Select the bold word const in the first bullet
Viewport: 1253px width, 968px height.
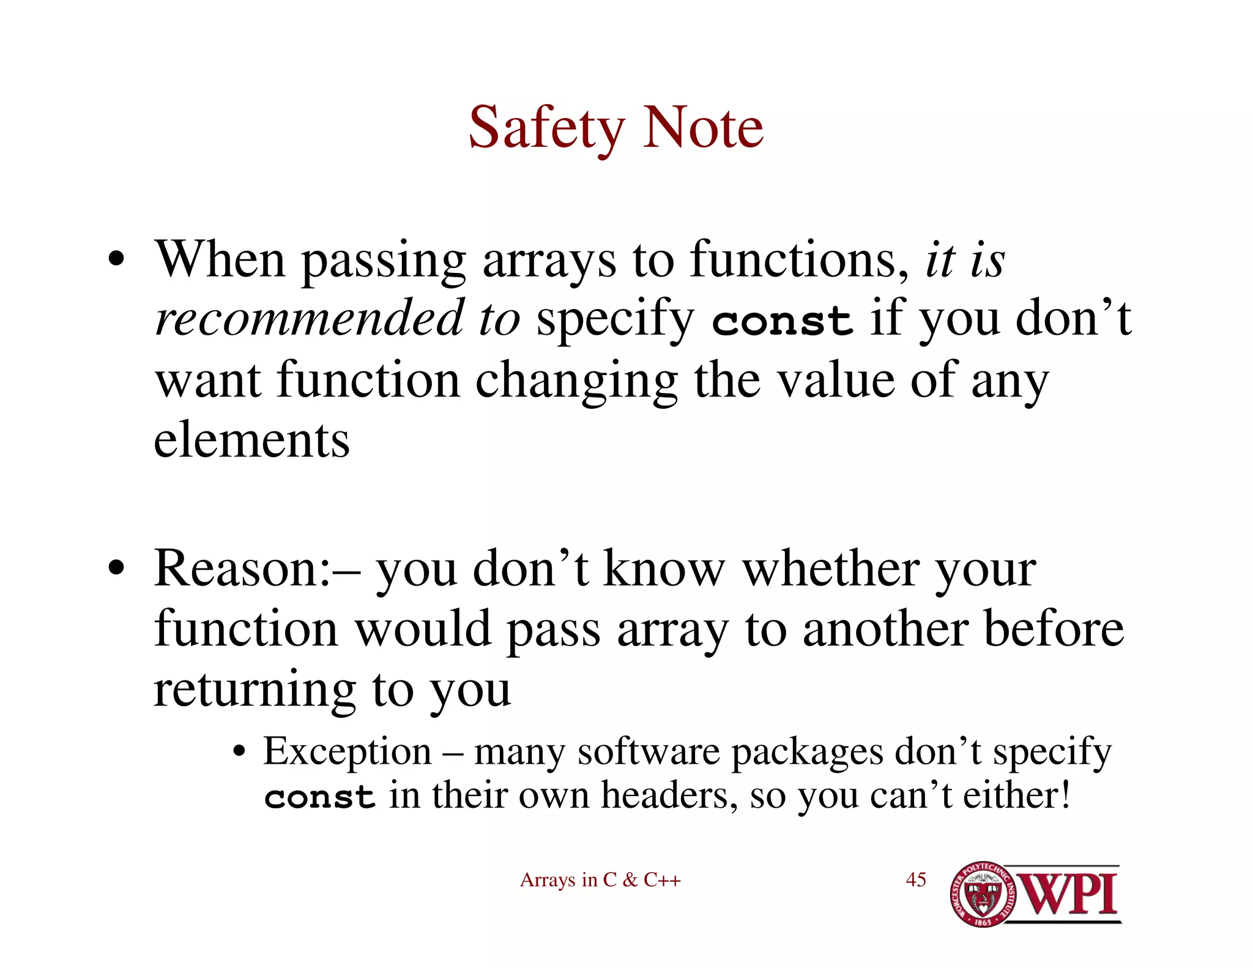tap(782, 321)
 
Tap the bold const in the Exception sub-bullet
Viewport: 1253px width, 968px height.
tap(319, 797)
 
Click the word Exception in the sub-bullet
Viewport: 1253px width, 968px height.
tap(348, 751)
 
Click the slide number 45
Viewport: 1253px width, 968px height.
tap(916, 879)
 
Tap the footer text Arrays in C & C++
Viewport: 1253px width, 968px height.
tap(600, 880)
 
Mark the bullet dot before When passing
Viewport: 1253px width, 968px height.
tap(116, 259)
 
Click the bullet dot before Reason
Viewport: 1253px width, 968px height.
tap(116, 568)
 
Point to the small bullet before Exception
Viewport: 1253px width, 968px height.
tap(240, 751)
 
